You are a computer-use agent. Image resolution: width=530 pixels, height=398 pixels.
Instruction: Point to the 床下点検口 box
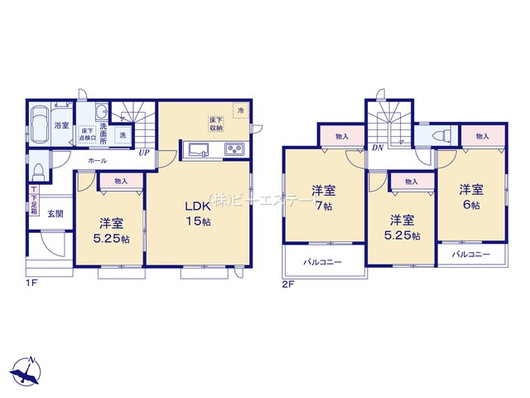[x=87, y=134]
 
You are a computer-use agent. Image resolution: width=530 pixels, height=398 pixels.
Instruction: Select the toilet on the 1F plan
[x=39, y=172]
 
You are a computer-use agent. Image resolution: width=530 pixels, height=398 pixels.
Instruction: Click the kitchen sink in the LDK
[x=199, y=150]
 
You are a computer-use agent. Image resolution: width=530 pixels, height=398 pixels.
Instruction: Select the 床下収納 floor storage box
[x=216, y=124]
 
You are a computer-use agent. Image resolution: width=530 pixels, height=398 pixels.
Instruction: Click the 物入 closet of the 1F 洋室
[x=121, y=180]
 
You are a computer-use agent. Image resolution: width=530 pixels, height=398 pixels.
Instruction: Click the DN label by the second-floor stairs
[x=377, y=149]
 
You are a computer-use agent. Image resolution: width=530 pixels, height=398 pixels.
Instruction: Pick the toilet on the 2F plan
[x=441, y=135]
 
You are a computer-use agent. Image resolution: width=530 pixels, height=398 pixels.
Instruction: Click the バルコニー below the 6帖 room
[x=472, y=255]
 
